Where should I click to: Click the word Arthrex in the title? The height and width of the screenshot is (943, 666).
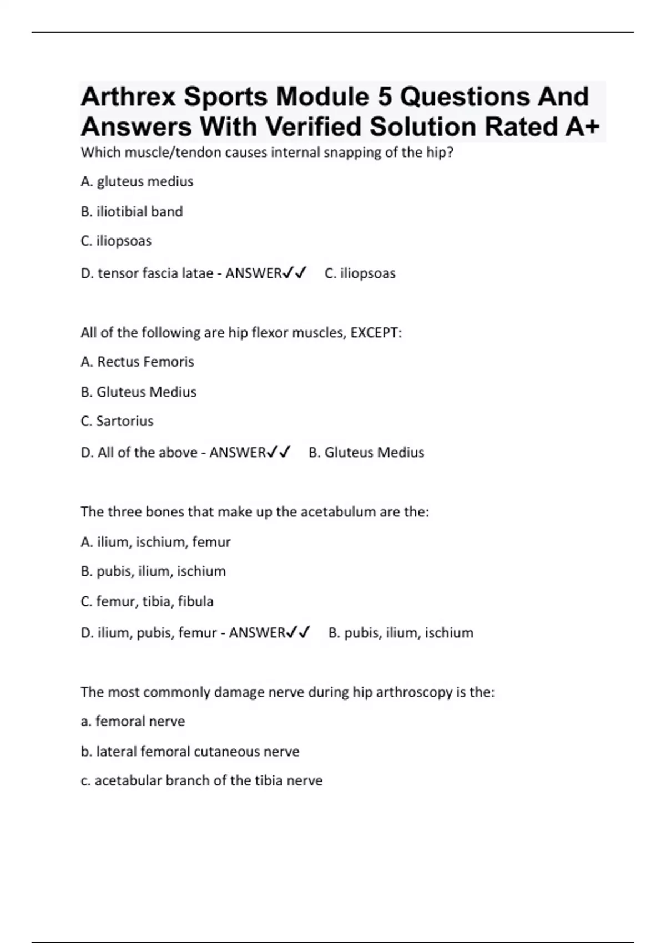pos(128,97)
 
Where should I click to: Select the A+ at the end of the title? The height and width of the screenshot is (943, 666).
pos(582,127)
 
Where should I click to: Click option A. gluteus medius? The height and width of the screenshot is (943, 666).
pos(137,181)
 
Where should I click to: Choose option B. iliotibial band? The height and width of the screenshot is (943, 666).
pos(132,211)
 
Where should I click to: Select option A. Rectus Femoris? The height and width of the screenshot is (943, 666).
pos(137,362)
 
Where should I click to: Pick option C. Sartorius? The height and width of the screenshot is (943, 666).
pos(117,421)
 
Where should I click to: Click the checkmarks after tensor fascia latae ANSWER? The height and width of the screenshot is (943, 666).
pos(294,273)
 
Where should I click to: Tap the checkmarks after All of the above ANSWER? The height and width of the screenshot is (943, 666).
pos(279,453)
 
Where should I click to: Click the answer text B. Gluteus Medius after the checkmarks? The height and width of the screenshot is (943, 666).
pos(366,453)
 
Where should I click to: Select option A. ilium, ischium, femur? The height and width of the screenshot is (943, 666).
pos(155,542)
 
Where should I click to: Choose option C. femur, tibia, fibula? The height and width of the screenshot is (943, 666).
pos(147,601)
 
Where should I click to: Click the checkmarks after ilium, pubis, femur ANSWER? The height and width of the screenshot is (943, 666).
pos(298,633)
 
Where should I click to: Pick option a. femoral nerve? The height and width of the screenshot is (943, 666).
pos(133,721)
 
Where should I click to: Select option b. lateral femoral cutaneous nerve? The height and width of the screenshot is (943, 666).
pos(190,752)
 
